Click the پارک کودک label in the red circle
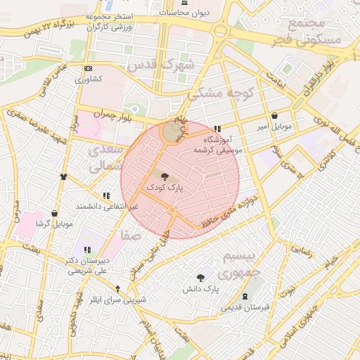coord(165,188)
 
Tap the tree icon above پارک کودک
coord(165,177)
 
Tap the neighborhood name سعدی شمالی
coord(106,157)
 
